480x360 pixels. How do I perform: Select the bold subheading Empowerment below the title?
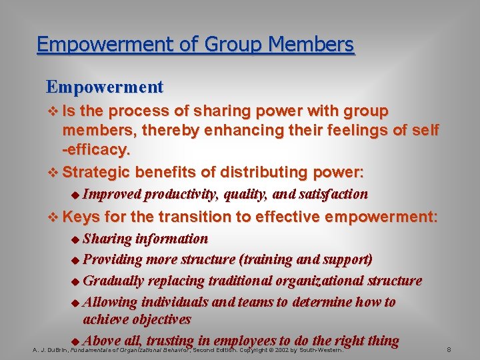click(105, 87)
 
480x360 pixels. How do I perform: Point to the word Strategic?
click(95, 172)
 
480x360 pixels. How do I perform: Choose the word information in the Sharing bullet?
click(171, 239)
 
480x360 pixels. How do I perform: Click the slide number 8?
click(449, 349)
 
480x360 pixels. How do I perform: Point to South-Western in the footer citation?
click(318, 349)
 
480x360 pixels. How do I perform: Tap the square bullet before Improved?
click(74, 195)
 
